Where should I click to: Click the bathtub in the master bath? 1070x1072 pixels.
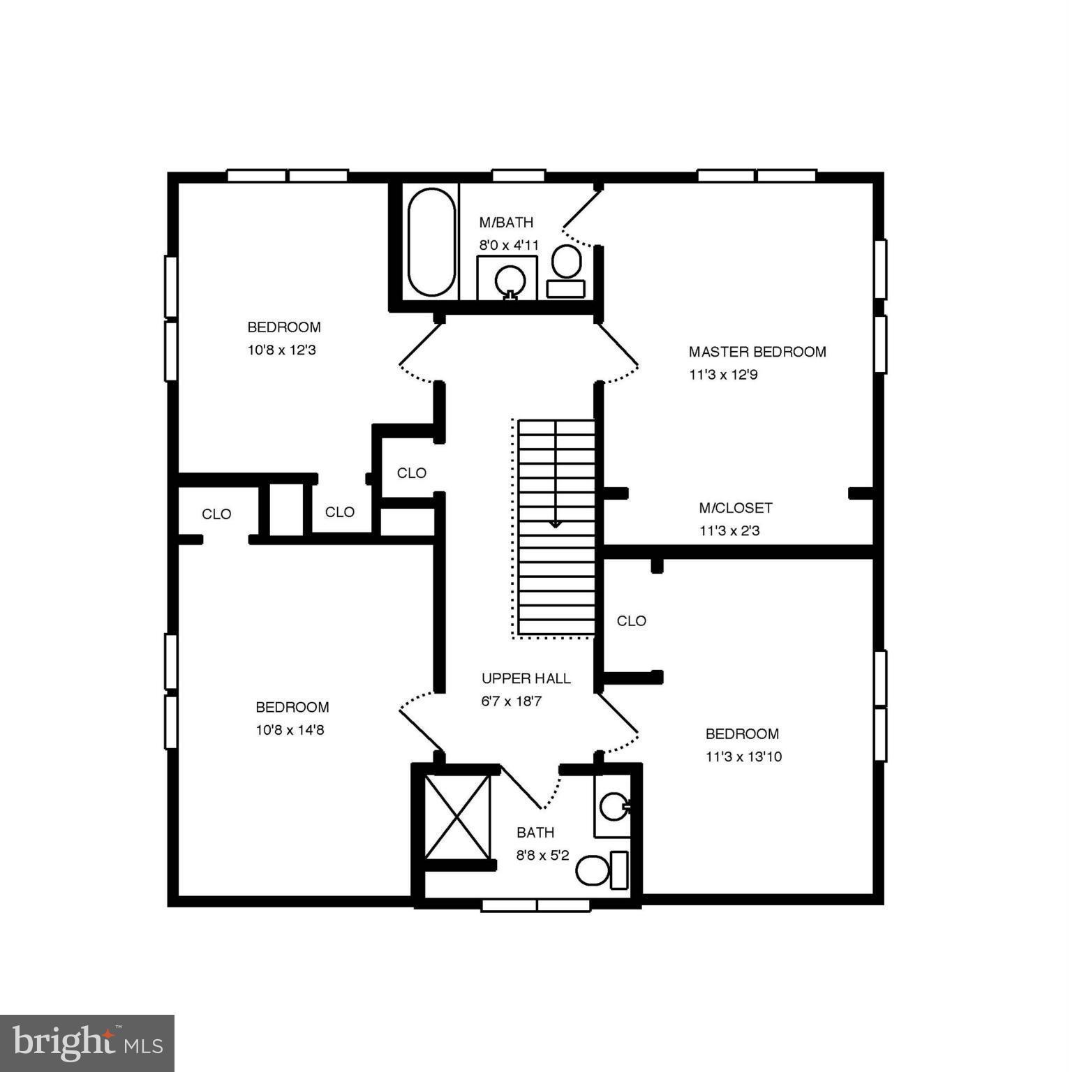click(431, 242)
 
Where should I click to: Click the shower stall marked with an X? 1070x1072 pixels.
click(457, 817)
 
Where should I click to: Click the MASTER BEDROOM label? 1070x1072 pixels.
click(757, 352)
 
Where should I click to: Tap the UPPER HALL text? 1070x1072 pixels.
click(526, 678)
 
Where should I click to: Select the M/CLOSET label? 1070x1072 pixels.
click(735, 508)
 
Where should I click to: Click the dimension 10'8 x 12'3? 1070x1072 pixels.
click(281, 350)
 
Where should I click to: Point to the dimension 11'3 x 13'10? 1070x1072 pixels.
click(743, 757)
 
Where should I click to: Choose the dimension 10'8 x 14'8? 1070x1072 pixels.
click(290, 730)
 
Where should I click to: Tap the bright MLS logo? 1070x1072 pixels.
click(87, 1043)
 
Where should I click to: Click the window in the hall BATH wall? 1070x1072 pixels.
click(536, 905)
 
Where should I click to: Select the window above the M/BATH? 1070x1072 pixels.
click(518, 175)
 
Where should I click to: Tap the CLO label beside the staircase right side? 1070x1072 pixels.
click(631, 621)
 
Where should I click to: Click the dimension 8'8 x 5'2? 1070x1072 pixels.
click(542, 855)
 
